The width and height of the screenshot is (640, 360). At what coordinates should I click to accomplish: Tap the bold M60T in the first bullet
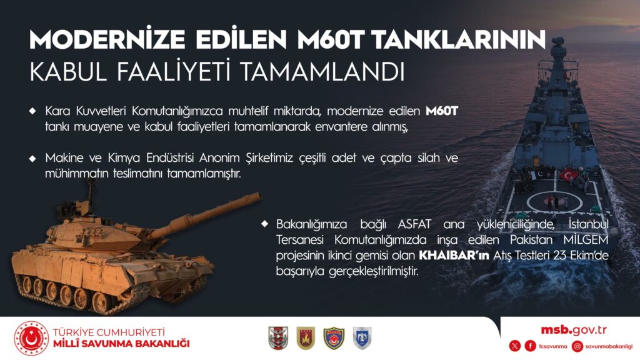click(442, 111)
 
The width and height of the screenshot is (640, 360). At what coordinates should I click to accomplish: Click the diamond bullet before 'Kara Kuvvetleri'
click(32, 111)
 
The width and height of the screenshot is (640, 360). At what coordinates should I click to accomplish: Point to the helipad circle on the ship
click(554, 202)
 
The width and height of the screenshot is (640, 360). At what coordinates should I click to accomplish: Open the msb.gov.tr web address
click(574, 330)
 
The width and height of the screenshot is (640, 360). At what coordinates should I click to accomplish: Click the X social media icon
click(514, 346)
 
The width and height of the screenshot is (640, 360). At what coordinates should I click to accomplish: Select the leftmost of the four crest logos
click(277, 338)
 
